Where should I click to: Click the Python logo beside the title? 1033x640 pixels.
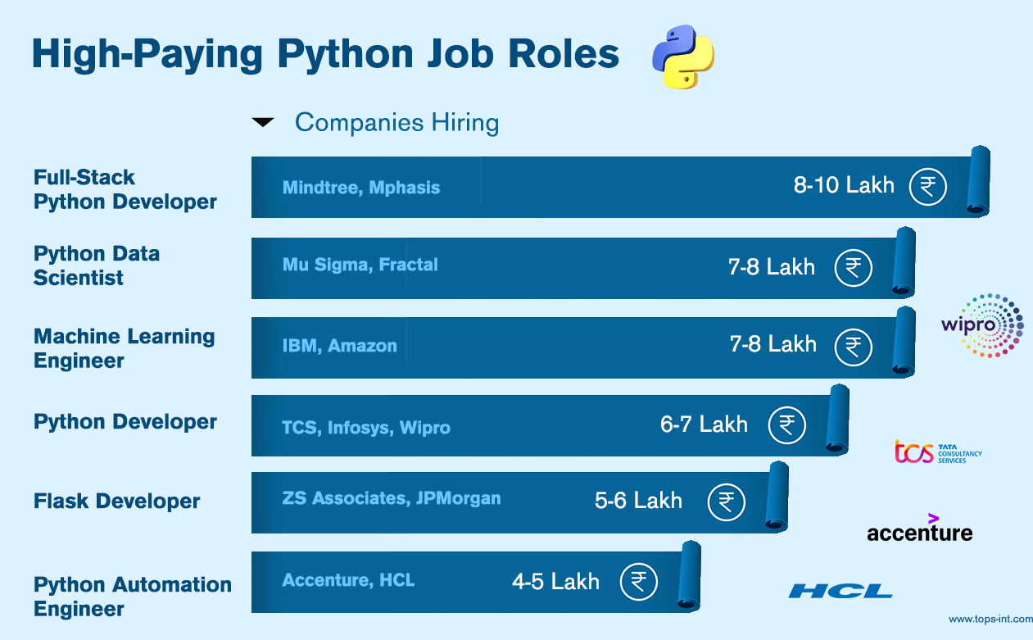[x=683, y=57]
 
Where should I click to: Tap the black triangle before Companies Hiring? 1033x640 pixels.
[x=263, y=122]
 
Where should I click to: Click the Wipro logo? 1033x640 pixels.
[x=982, y=326]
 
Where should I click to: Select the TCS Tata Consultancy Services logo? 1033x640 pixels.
[x=938, y=452]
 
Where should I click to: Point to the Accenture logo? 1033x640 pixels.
[x=920, y=529]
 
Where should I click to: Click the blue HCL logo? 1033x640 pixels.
[x=840, y=591]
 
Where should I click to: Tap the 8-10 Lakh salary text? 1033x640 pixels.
[x=844, y=185]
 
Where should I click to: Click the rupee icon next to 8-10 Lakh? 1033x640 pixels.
[x=928, y=186]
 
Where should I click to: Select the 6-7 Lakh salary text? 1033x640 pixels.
[x=704, y=424]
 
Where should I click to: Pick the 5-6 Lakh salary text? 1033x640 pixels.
[x=638, y=501]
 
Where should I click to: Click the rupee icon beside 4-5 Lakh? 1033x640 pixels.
[x=639, y=581]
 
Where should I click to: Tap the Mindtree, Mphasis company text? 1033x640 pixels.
[x=361, y=188]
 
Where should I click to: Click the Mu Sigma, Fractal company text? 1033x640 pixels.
[x=360, y=265]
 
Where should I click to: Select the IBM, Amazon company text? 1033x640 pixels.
[x=339, y=346]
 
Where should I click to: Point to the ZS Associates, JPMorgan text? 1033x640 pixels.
[x=392, y=498]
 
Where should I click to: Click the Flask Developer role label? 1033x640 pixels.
[x=116, y=502]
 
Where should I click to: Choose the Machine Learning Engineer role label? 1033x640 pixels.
[x=124, y=348]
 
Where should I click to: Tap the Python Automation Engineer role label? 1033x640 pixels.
[x=133, y=597]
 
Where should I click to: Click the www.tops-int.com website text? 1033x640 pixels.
[x=990, y=620]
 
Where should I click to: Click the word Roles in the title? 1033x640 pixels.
[x=564, y=54]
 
